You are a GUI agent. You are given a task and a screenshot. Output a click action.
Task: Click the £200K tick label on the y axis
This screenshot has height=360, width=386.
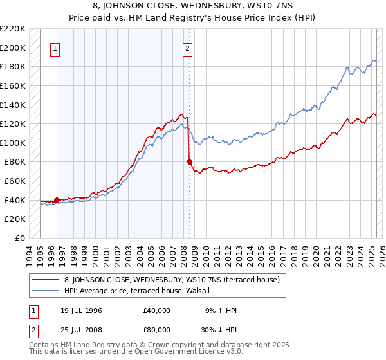point(14,48)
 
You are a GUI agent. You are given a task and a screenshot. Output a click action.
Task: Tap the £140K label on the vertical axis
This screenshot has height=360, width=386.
point(14,105)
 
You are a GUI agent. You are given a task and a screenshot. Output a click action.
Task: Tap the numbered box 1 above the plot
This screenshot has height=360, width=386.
point(56,48)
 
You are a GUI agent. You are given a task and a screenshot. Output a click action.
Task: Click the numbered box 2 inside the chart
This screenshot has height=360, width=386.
point(187,48)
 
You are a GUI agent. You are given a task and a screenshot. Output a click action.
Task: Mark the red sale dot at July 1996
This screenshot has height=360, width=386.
point(57,200)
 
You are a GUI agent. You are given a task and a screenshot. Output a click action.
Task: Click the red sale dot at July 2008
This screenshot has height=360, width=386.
point(189,162)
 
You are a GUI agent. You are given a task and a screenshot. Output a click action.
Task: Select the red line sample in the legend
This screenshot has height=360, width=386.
point(46,280)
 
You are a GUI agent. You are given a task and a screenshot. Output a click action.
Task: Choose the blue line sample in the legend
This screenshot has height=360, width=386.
point(46,291)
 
